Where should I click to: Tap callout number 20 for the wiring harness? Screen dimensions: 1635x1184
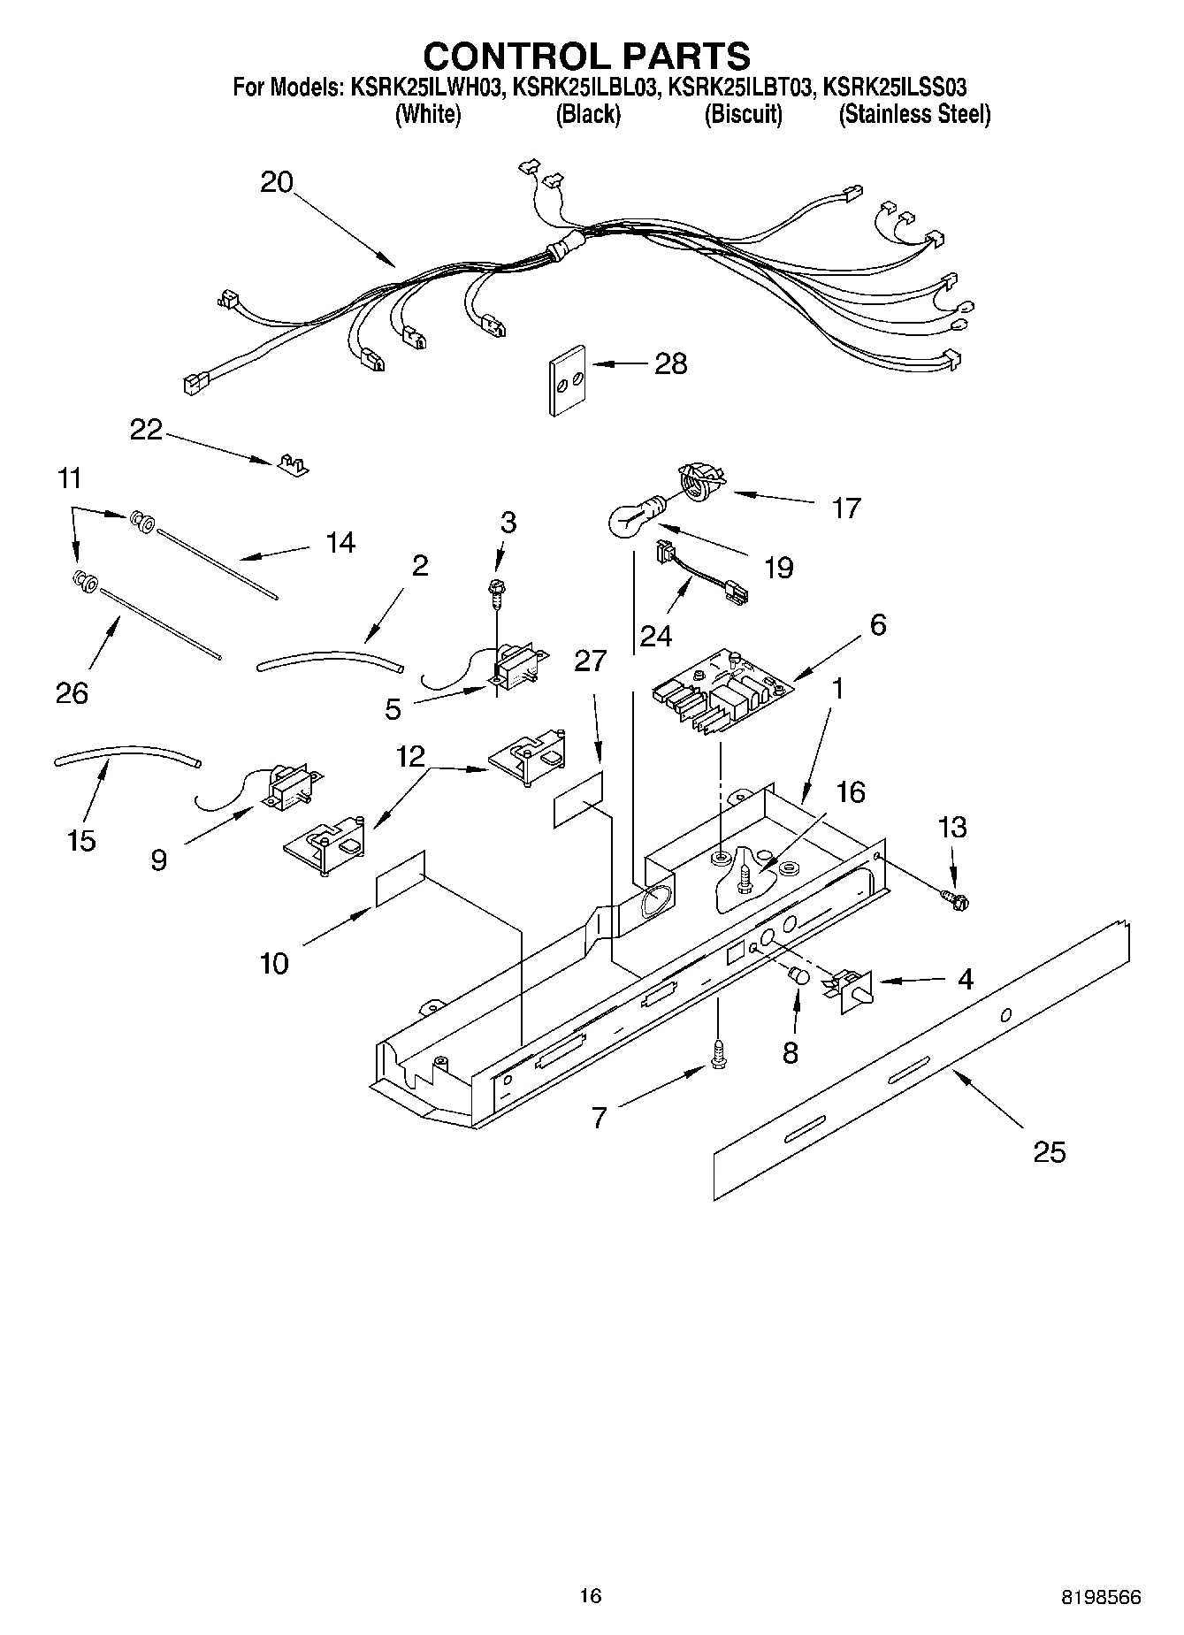[x=277, y=182]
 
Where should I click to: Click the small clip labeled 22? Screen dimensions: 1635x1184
[x=290, y=464]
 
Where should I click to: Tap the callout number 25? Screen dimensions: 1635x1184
[x=1050, y=1152]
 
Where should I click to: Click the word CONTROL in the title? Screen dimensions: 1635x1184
[x=516, y=56]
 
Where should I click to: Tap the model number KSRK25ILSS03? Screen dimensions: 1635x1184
[x=894, y=88]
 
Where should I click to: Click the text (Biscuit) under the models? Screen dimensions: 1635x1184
[x=743, y=115]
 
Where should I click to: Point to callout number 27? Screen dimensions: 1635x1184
[x=591, y=660]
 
